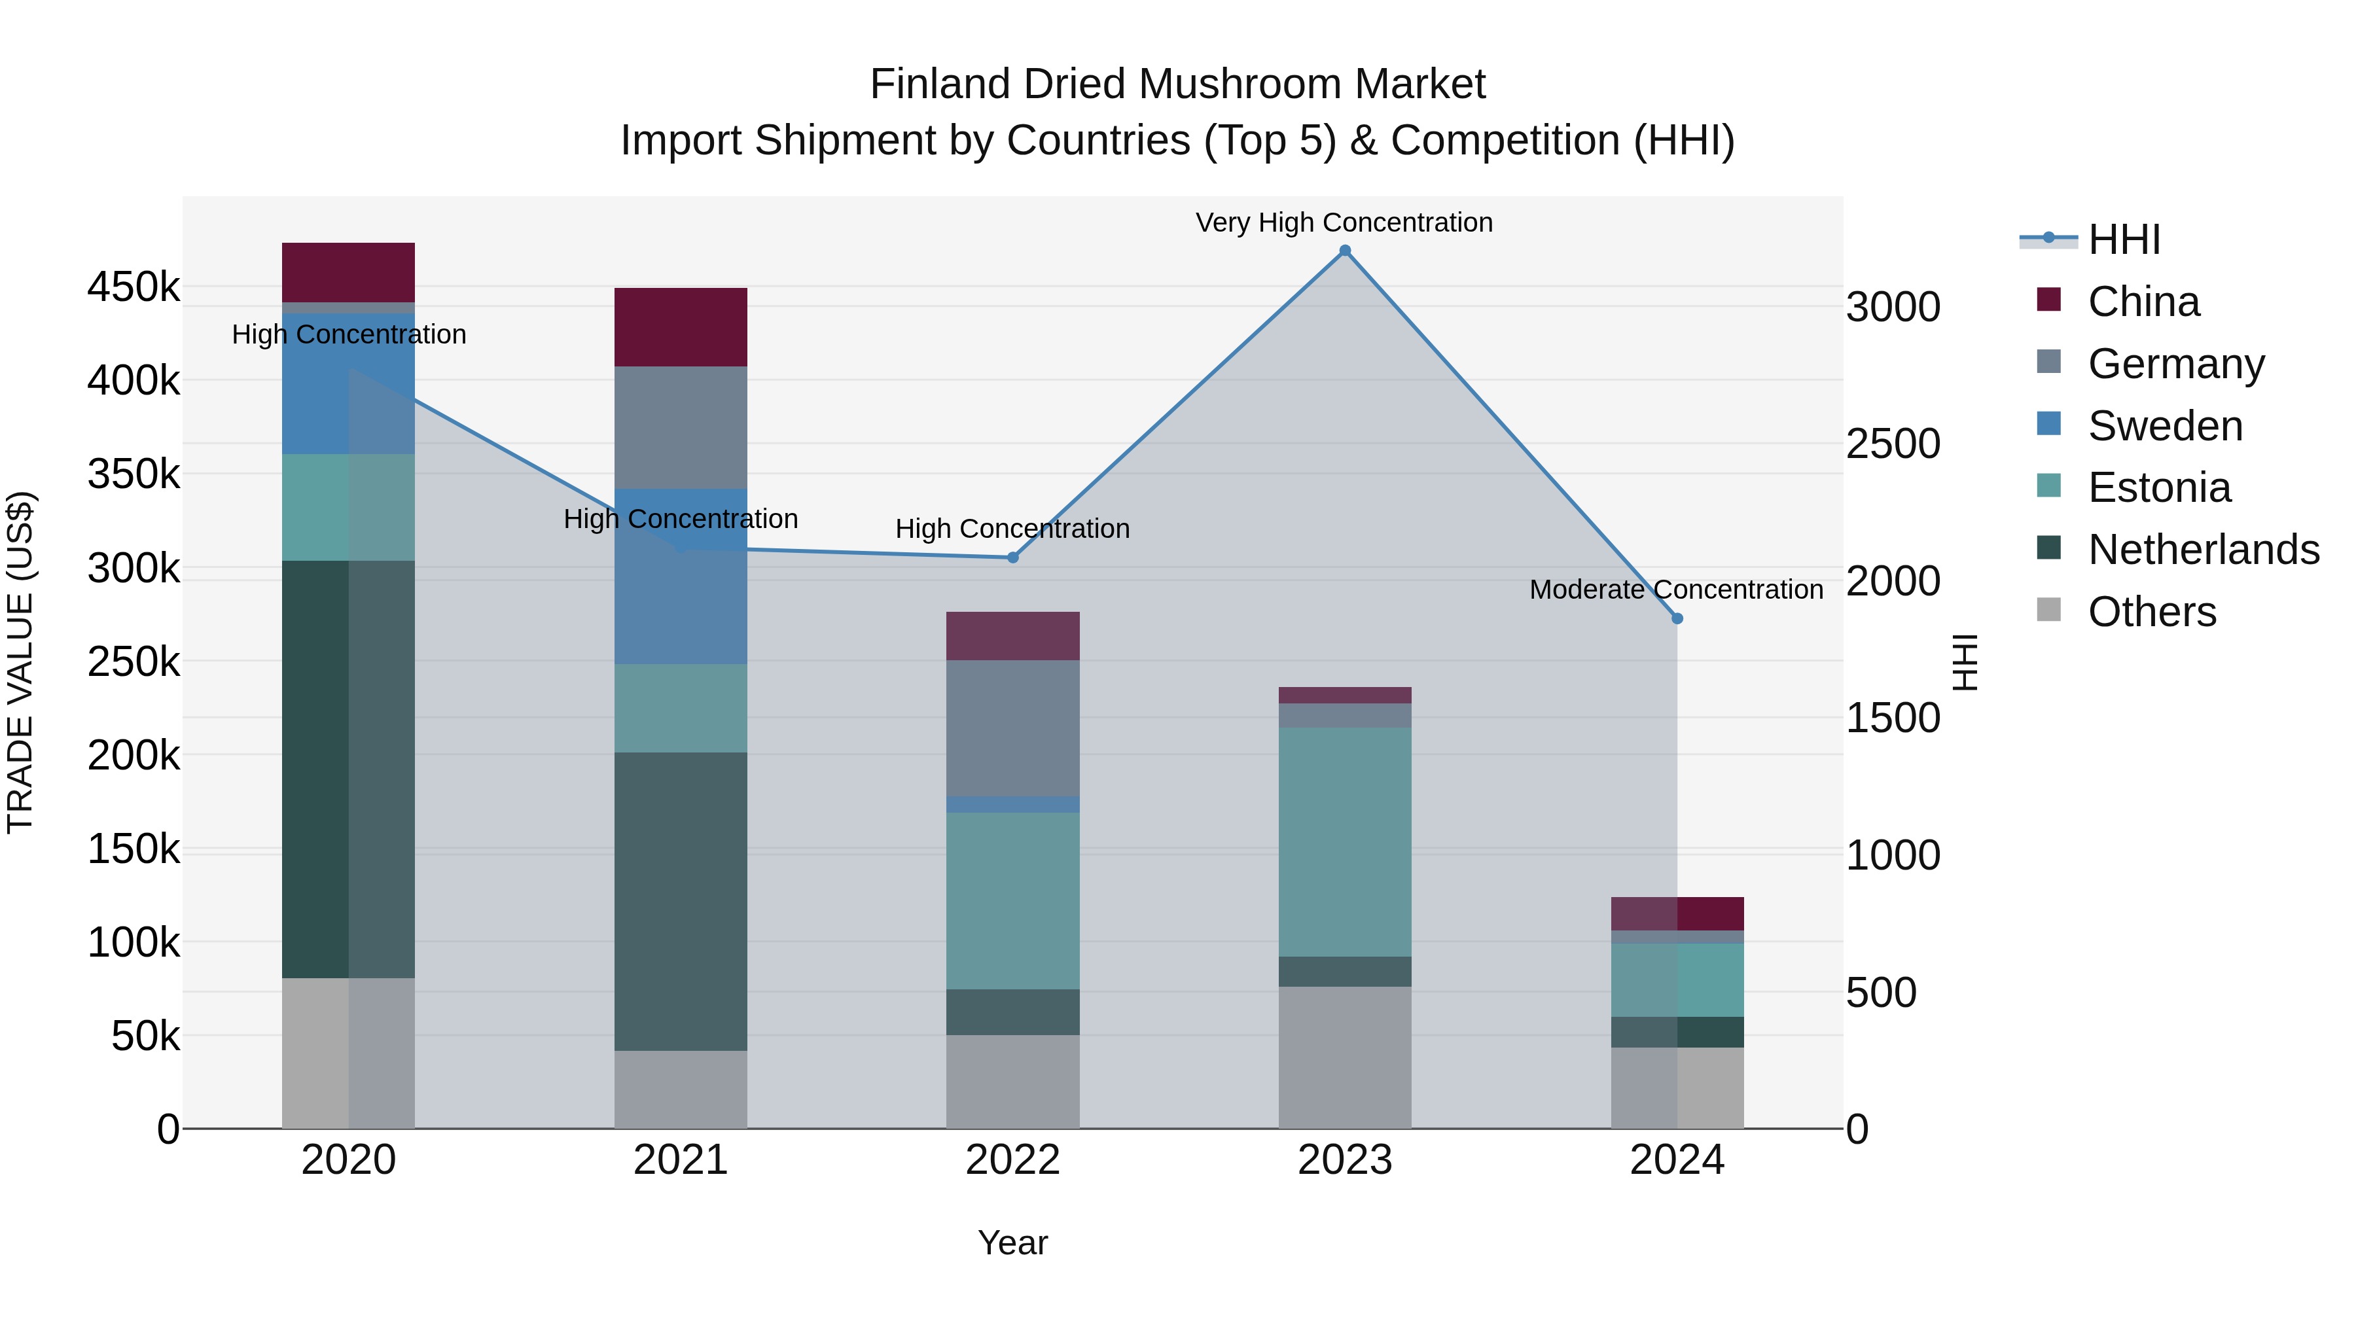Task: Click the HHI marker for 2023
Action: [1344, 251]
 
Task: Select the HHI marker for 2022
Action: [1012, 557]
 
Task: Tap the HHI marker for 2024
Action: [1677, 618]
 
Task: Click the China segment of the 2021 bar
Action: [681, 327]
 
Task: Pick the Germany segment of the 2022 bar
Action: [1012, 728]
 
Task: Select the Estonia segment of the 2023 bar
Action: [1344, 841]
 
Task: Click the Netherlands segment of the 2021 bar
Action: [681, 901]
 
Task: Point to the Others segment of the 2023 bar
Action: [1344, 1057]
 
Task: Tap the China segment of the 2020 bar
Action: [348, 272]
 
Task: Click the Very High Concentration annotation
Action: [1344, 222]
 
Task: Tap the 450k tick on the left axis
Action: [134, 287]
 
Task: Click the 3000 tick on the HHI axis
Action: [1892, 308]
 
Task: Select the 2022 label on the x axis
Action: [1012, 1160]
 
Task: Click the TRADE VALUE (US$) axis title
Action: [20, 662]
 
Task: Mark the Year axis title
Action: [1012, 1243]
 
